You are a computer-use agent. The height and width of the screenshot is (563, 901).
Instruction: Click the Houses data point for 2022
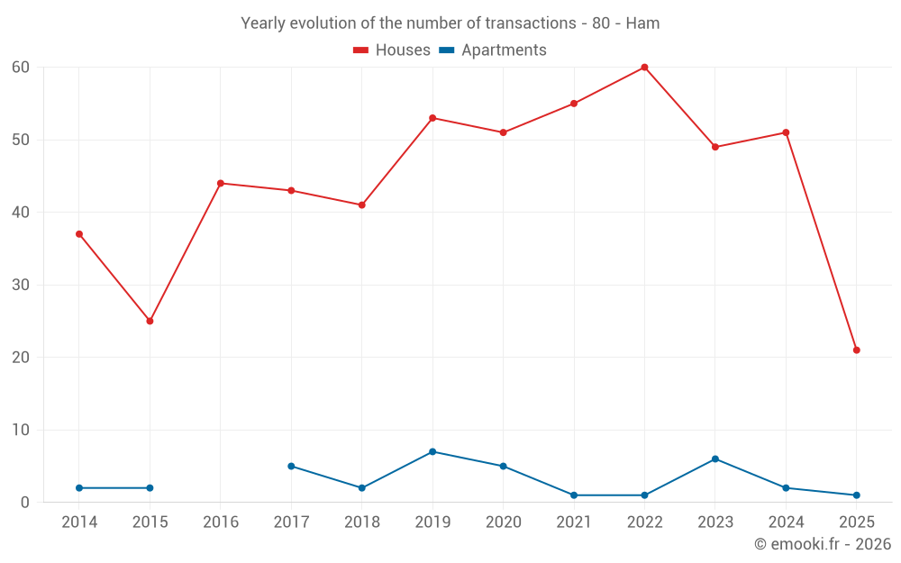[x=644, y=67]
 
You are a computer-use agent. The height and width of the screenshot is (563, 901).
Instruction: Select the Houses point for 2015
[x=150, y=321]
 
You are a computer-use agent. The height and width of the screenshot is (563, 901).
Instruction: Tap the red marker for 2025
[x=856, y=350]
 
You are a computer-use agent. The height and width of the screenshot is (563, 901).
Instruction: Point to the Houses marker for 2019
[x=432, y=118]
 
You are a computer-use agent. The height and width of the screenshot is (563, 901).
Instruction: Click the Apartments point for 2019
[x=432, y=451]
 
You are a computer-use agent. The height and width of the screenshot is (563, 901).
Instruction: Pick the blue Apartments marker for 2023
[x=715, y=459]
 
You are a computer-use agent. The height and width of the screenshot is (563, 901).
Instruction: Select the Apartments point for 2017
[x=291, y=466]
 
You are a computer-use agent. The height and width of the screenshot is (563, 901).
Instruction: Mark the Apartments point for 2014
[x=79, y=487]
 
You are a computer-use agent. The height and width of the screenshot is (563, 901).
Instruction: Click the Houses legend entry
[x=391, y=50]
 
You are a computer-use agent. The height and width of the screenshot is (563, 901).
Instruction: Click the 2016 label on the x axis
[x=221, y=522]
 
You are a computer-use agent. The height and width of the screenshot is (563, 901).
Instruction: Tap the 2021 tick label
[x=574, y=522]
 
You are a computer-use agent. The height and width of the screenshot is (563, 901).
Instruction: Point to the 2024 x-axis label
[x=786, y=522]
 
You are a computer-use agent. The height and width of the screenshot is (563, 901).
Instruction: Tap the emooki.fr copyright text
[x=822, y=544]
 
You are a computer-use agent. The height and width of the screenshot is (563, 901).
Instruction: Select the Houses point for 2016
[x=221, y=183]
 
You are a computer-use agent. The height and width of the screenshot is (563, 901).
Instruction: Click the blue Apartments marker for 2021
[x=574, y=495]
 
